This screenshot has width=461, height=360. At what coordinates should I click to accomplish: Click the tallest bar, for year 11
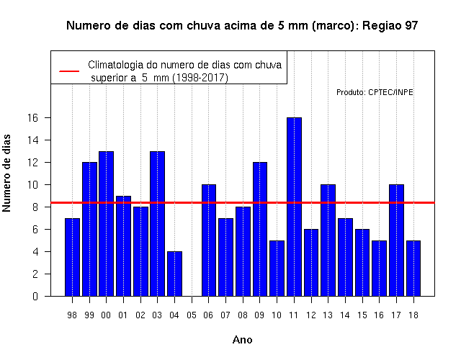tap(294, 207)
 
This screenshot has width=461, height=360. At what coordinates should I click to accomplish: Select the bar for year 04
tap(174, 274)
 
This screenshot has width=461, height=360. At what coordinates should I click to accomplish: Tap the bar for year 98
tap(72, 257)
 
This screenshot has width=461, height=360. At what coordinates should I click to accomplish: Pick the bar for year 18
tap(413, 269)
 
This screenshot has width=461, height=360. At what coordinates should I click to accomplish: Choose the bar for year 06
tap(209, 240)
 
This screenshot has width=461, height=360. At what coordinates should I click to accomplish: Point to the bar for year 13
tap(328, 240)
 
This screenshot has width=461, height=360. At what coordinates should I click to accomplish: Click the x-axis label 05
tap(192, 315)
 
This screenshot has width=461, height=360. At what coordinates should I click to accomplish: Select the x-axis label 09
tap(259, 315)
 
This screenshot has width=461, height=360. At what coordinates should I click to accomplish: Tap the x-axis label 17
tap(396, 315)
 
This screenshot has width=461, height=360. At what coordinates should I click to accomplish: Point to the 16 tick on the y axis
tap(33, 118)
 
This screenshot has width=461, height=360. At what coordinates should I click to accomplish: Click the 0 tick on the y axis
tap(35, 296)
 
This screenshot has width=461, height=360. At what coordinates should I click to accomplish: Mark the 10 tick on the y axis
tap(33, 185)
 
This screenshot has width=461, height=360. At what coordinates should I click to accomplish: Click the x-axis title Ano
tap(242, 340)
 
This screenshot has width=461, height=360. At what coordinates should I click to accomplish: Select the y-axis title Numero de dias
tap(6, 174)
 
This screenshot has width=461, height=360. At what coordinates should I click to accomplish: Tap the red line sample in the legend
tap(69, 71)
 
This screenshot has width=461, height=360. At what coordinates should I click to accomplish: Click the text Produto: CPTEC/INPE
tap(375, 92)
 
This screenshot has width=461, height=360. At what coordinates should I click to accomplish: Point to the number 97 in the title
tap(411, 26)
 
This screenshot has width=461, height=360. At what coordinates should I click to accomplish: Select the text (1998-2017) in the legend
tap(200, 78)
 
